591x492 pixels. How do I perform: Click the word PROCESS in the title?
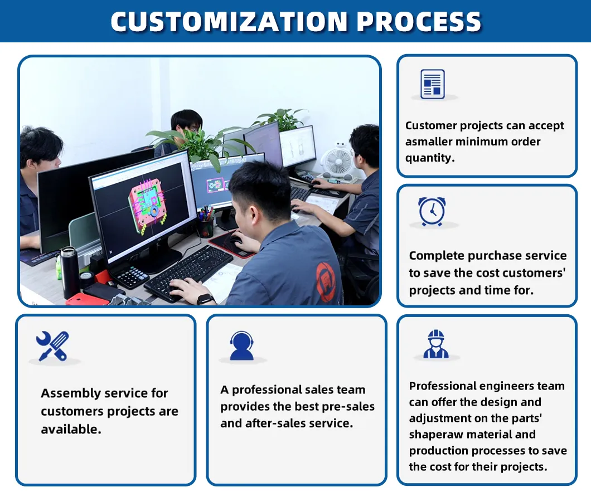click(419, 22)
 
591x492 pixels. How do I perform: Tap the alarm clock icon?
click(432, 211)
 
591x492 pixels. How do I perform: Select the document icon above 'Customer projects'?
click(432, 84)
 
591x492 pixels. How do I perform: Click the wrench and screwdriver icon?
click(52, 345)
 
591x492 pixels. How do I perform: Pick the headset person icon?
click(241, 345)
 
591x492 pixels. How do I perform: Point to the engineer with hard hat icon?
click(435, 344)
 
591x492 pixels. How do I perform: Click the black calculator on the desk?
click(129, 276)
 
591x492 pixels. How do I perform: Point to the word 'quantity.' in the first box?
click(430, 158)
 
